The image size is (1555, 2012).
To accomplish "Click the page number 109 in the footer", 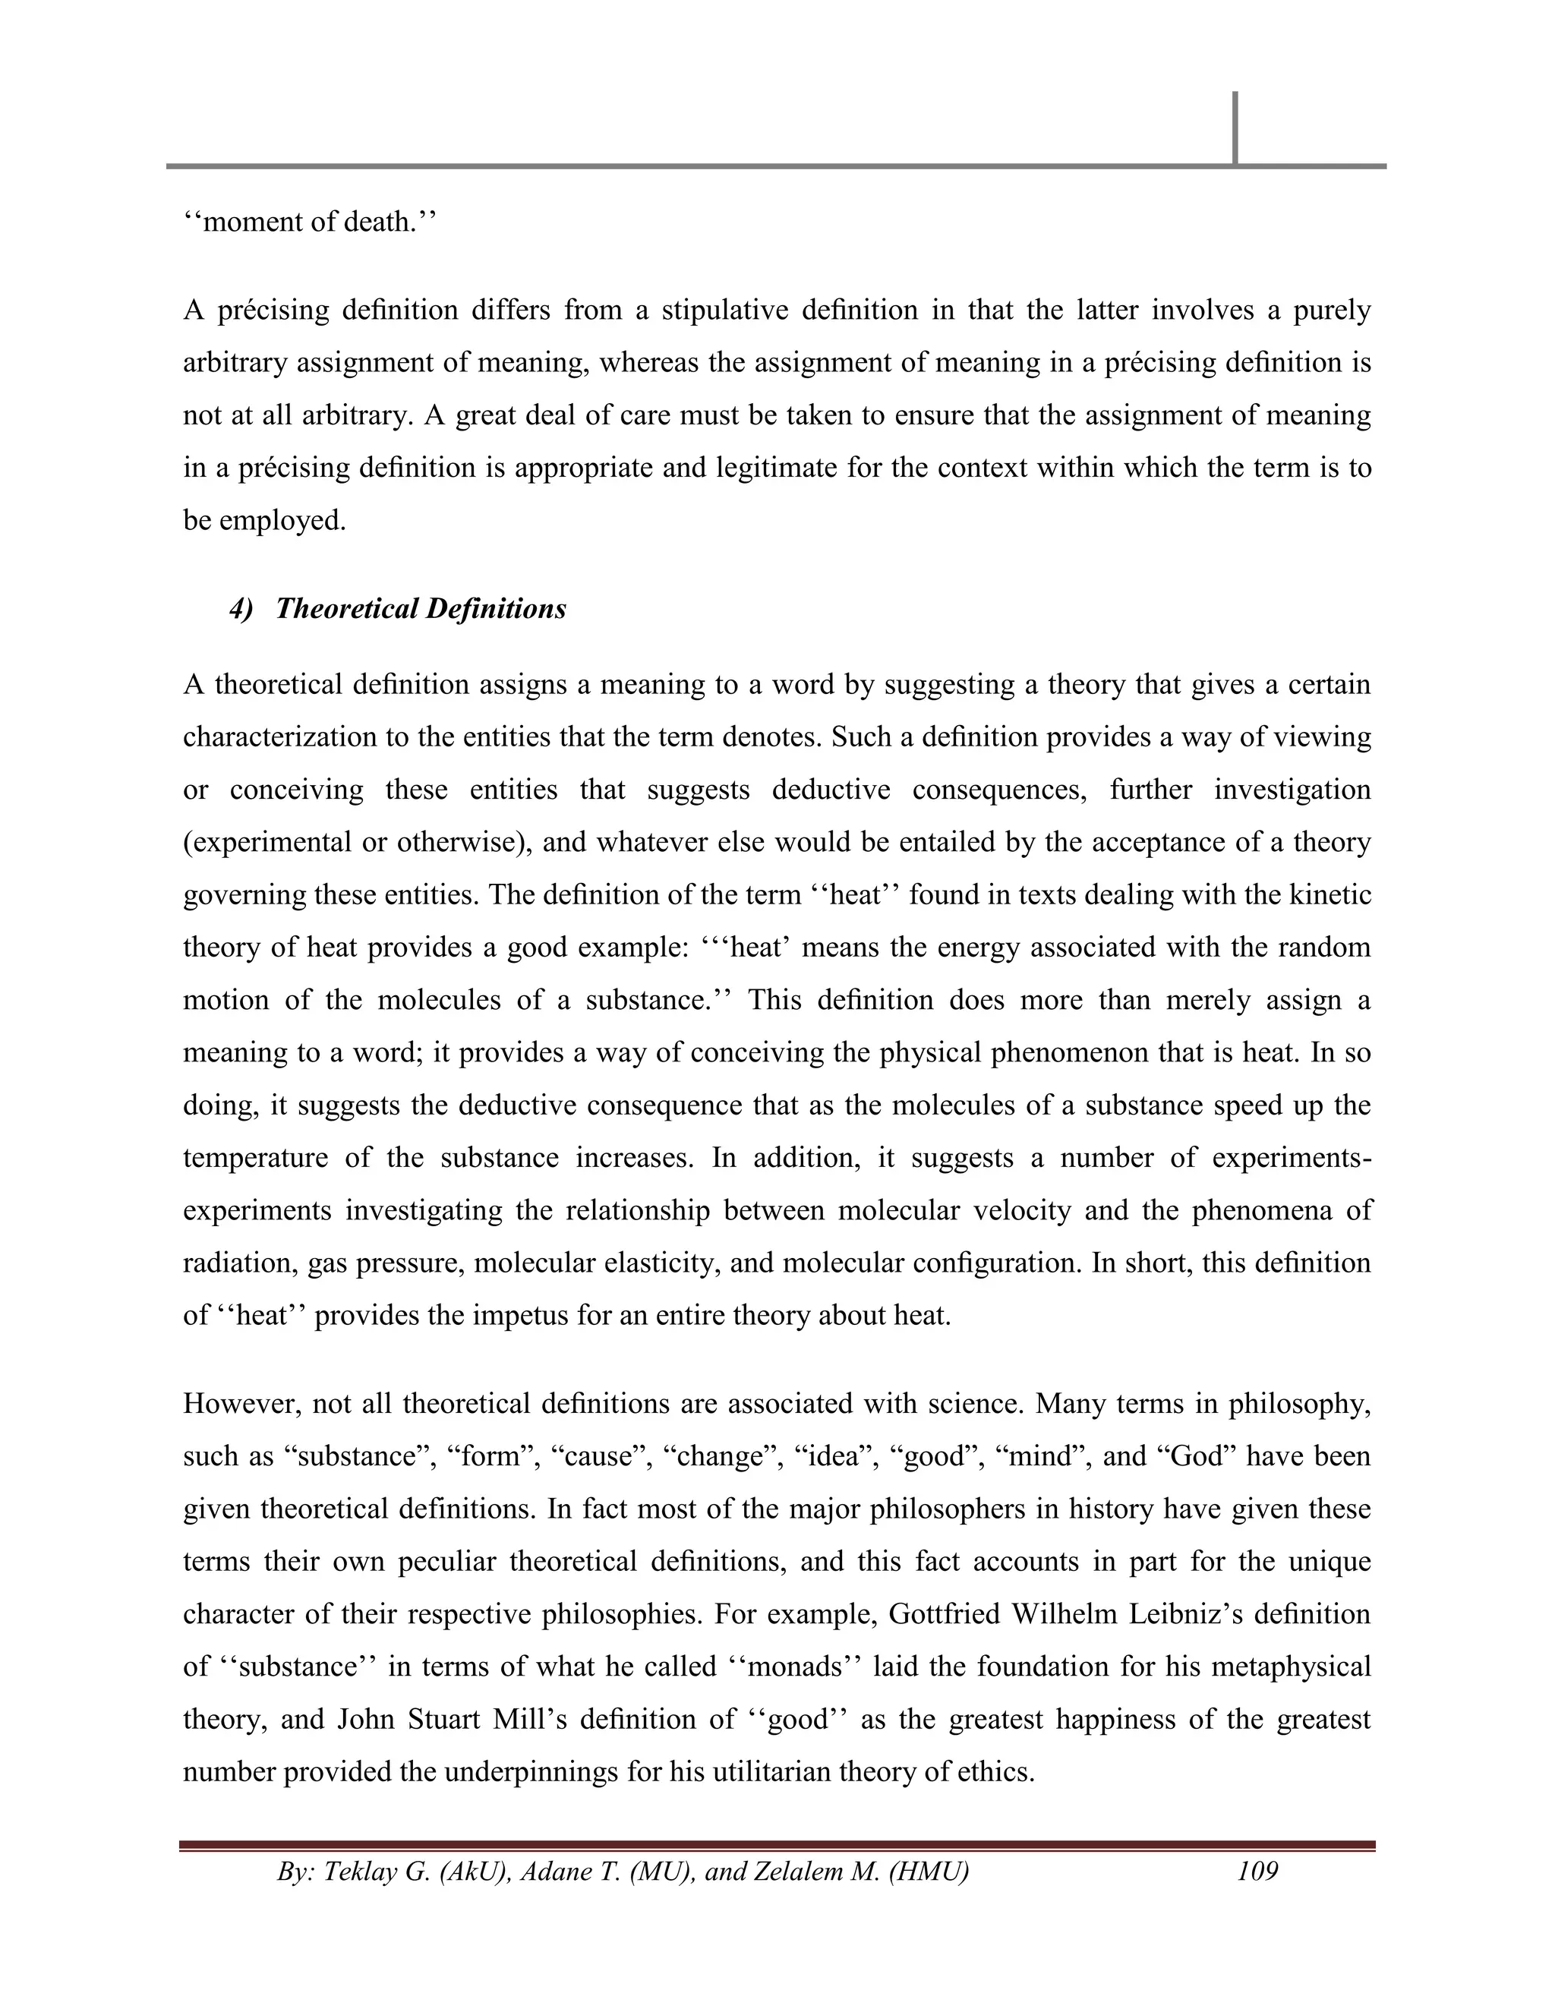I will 1257,1871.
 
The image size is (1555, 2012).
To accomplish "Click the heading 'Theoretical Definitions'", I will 421,609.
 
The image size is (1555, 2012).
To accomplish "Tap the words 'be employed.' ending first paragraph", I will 264,521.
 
